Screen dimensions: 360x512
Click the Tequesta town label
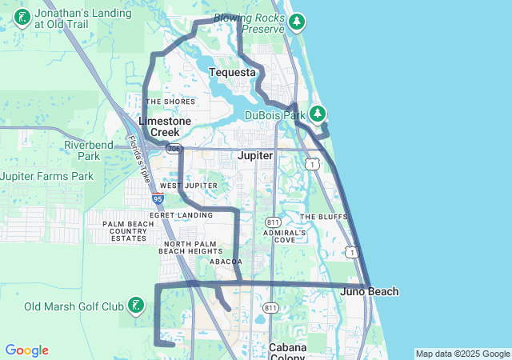232,73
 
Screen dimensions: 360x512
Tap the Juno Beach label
370,291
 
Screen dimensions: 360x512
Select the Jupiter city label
256,155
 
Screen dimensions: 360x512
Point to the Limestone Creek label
165,126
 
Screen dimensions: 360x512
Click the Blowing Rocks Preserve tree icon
298,21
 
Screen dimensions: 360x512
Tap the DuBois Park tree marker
318,114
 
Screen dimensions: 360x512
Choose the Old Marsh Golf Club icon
137,306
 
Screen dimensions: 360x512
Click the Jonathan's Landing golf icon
22,18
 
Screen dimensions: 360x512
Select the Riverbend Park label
94,150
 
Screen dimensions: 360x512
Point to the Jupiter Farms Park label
47,176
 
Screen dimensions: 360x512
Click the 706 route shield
175,150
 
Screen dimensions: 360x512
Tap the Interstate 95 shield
158,198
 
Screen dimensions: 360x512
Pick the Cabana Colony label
286,352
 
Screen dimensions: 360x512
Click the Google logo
26,350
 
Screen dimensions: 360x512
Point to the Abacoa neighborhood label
225,262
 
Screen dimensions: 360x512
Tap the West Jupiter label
188,186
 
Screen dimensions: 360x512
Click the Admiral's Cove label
285,236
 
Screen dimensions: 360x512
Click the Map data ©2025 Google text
462,354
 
